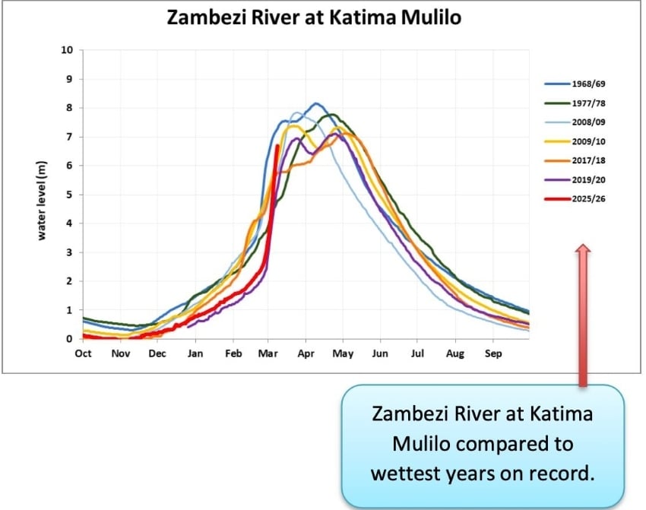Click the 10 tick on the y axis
(x=67, y=50)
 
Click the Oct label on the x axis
(x=83, y=353)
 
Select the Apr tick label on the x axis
(x=306, y=353)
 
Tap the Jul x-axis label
(x=418, y=353)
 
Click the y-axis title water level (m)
(x=43, y=195)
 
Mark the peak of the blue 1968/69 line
(x=316, y=103)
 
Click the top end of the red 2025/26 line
(x=277, y=146)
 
